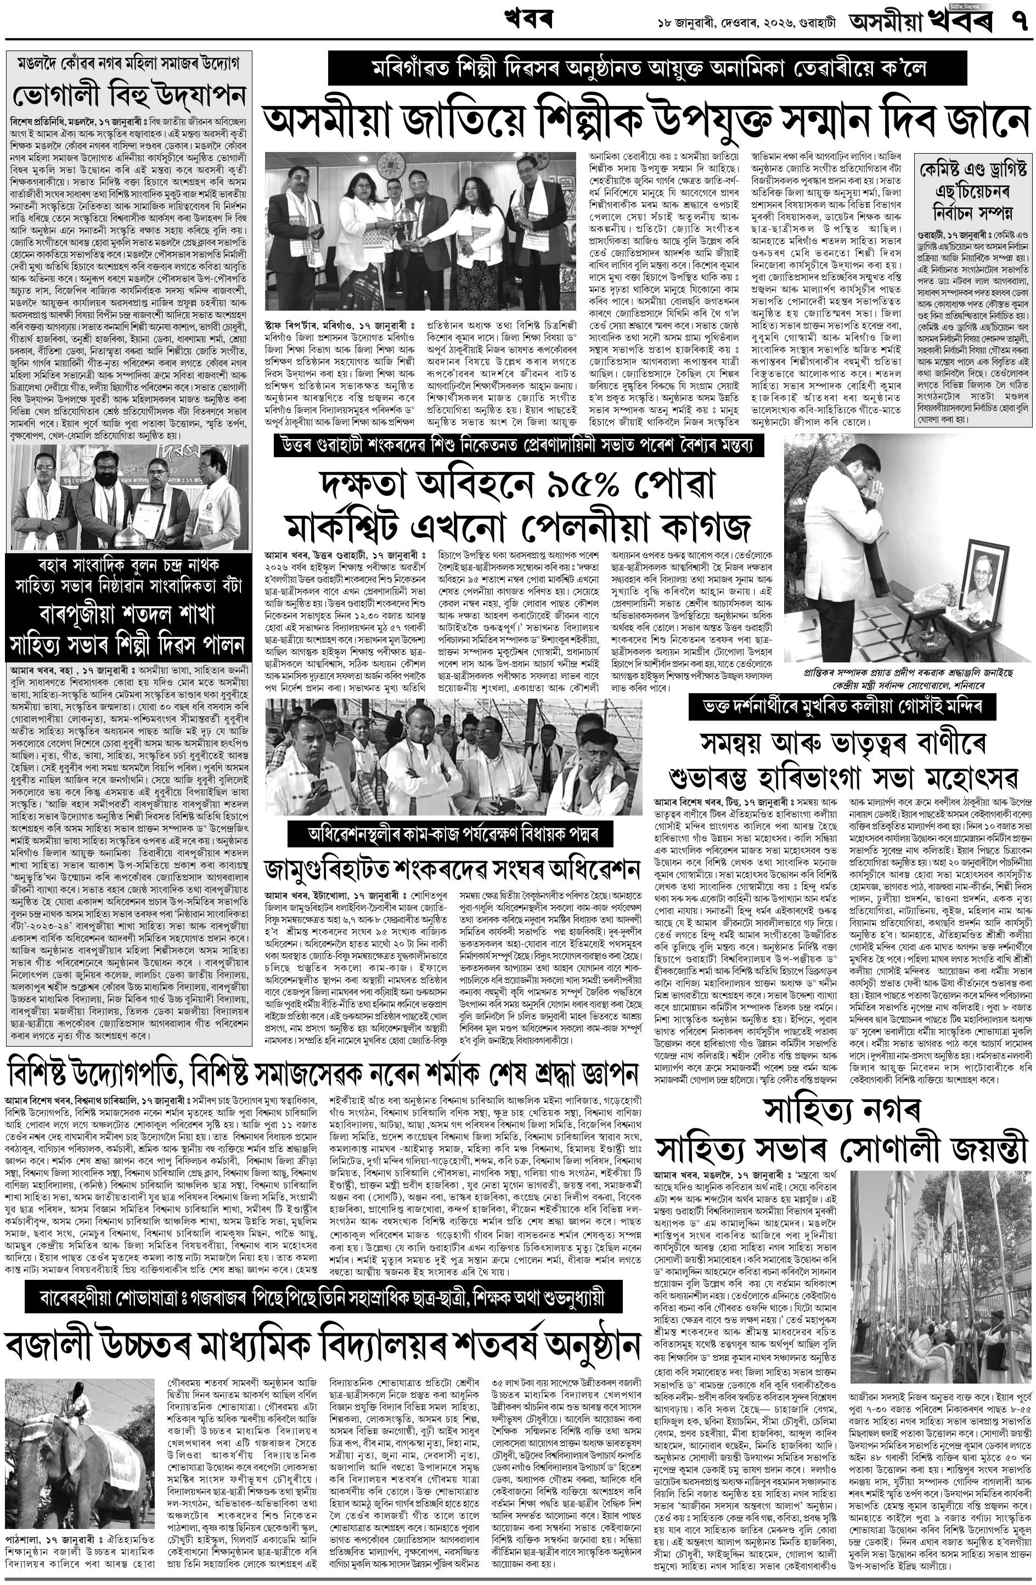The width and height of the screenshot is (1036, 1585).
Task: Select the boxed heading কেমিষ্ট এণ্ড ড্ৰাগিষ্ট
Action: click(972, 166)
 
